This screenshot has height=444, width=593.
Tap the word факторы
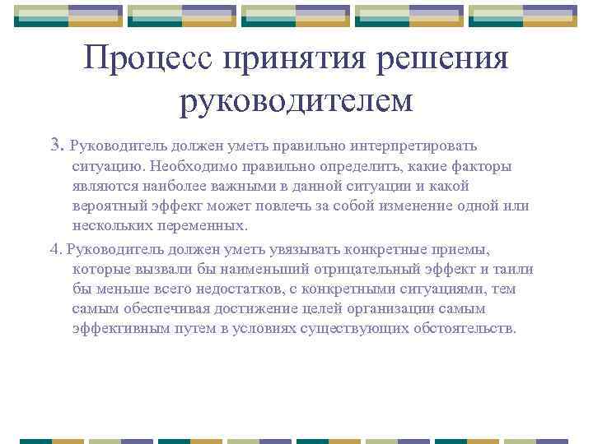pyautogui.click(x=482, y=166)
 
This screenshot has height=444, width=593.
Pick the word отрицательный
pyautogui.click(x=349, y=269)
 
